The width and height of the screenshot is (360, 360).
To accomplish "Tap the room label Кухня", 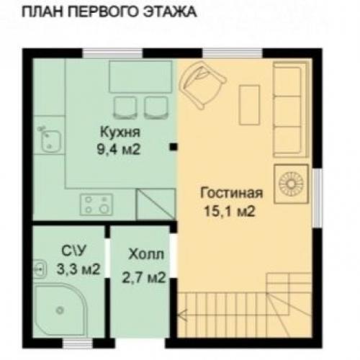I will point(120,134).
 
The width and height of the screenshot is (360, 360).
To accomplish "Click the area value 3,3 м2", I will point(78,270).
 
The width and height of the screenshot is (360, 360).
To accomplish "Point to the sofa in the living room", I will point(291,108).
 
